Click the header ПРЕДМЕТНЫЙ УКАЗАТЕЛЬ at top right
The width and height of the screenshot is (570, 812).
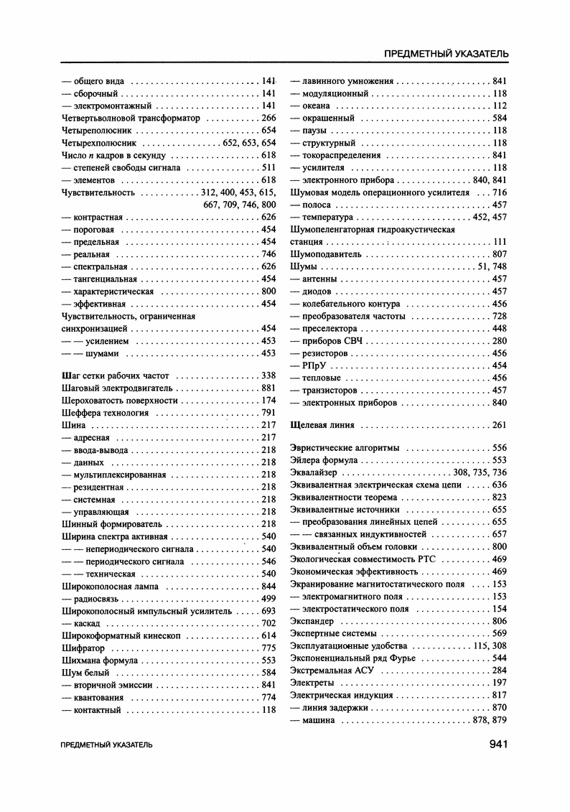tap(447, 53)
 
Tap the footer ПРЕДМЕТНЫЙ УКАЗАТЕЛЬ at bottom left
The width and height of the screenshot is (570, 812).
tap(107, 746)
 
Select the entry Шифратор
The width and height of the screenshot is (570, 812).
tap(84, 648)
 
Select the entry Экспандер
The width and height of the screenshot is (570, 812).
tap(312, 621)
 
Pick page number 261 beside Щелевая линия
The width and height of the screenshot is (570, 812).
tap(500, 425)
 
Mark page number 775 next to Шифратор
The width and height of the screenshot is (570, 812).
tap(269, 648)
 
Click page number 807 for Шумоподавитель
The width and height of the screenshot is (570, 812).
tap(500, 254)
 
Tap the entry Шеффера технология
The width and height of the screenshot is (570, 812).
tap(106, 414)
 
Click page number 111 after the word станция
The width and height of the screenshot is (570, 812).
tap(500, 242)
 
